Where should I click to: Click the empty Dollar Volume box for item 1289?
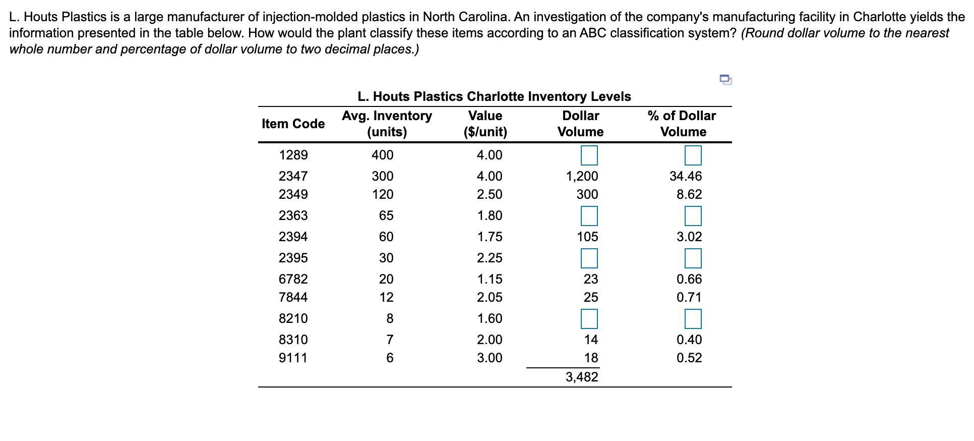589,155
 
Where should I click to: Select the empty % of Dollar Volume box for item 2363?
693,216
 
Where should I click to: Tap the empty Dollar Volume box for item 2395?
589,258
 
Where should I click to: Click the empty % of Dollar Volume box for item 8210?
693,319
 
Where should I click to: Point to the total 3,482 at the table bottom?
582,377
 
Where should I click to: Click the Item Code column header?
293,124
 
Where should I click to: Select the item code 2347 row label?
293,176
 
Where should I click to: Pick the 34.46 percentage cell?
685,176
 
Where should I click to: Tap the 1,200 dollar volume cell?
582,176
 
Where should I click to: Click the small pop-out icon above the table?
725,79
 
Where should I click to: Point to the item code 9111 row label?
293,358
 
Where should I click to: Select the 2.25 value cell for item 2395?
490,258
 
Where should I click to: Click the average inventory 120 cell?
382,194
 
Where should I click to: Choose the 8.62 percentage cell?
689,194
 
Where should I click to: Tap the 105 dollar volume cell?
587,237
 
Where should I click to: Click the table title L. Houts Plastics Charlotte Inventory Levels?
494,96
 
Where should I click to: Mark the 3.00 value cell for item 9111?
490,358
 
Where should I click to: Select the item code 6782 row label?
293,279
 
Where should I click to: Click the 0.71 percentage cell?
689,297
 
